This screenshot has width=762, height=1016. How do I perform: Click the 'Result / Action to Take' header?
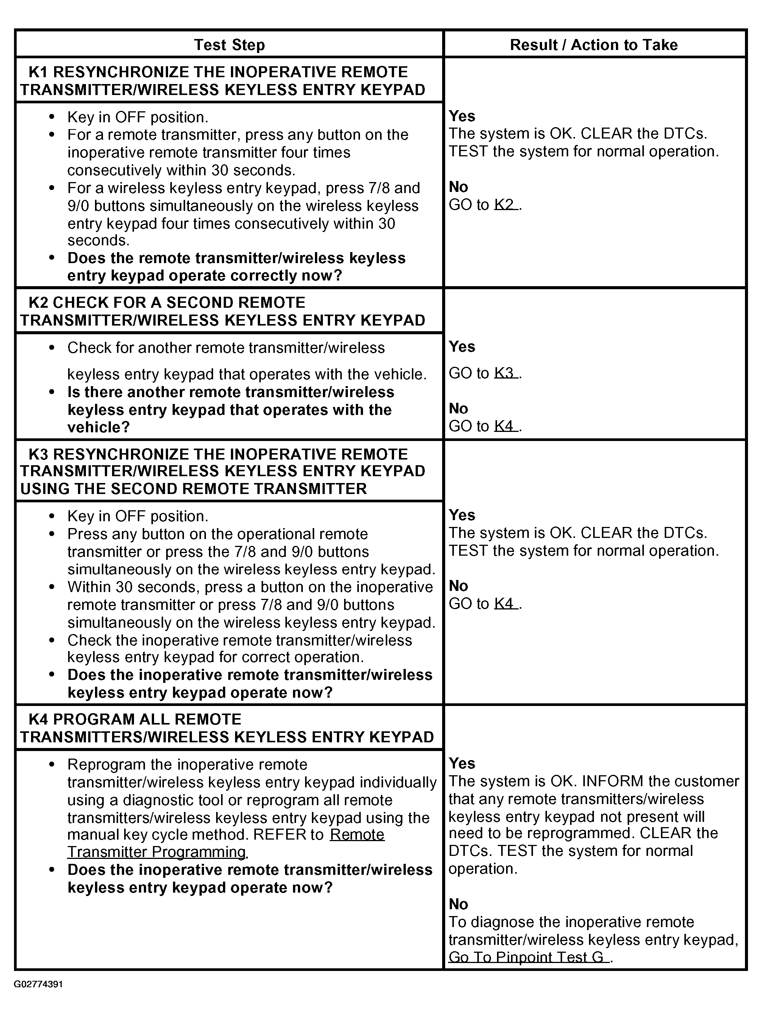point(594,45)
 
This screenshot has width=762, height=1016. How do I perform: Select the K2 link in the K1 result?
point(506,204)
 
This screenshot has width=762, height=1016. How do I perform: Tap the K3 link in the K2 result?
point(506,372)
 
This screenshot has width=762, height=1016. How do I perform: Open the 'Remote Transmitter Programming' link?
point(226,843)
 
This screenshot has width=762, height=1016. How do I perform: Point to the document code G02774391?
point(38,984)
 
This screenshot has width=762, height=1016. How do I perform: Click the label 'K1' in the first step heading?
point(38,72)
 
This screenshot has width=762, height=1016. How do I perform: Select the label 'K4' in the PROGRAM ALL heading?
point(38,719)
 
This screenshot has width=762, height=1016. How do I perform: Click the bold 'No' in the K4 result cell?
point(458,904)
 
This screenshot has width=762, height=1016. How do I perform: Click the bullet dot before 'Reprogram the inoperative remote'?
point(51,765)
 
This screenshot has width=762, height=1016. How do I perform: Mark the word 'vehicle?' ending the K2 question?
point(99,427)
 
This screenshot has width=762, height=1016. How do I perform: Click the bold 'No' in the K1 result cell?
point(458,187)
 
